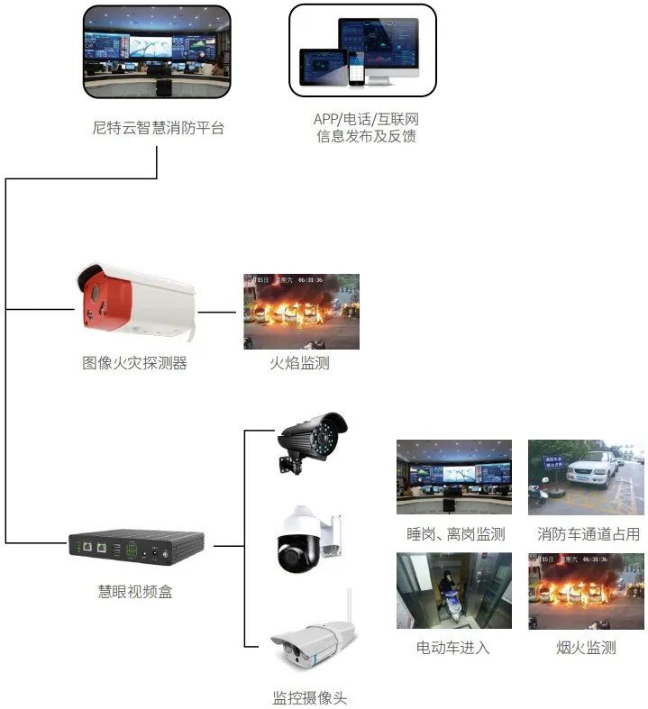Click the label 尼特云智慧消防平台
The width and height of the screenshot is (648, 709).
point(158,128)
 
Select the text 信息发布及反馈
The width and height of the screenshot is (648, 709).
point(366,137)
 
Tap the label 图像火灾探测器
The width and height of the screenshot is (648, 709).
point(134,364)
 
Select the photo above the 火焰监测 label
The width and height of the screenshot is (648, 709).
point(301,312)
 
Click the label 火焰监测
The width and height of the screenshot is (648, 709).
point(300,364)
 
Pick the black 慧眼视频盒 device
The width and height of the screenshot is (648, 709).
point(136,545)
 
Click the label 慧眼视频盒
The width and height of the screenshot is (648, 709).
point(135,592)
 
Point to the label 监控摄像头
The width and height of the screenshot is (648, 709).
point(309,697)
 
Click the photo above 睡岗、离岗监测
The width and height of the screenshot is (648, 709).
point(454,477)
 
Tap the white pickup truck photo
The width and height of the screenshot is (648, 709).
point(586,477)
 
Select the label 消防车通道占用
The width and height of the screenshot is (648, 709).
point(589,534)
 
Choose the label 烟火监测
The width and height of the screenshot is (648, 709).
point(586,648)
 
